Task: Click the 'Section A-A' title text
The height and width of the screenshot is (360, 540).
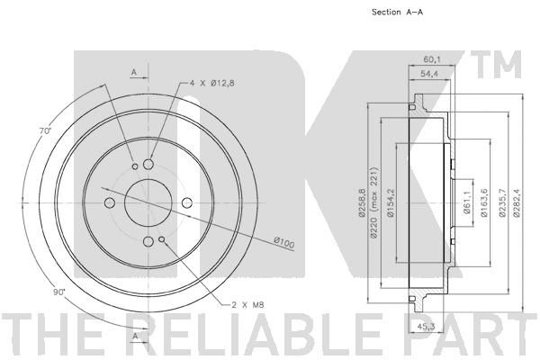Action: [x=397, y=12]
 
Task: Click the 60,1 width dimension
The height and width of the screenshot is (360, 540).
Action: [x=432, y=60]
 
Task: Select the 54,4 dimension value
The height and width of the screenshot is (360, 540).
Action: [x=428, y=74]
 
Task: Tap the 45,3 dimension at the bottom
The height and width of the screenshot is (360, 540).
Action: [x=424, y=326]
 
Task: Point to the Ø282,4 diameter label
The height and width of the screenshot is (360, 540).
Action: [x=517, y=202]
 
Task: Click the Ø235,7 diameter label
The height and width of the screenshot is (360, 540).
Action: [x=502, y=202]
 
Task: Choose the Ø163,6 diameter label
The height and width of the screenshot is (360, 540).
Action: [x=484, y=202]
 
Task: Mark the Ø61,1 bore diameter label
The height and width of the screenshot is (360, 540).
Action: [x=467, y=202]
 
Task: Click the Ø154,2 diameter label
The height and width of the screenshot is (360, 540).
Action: [x=391, y=202]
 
